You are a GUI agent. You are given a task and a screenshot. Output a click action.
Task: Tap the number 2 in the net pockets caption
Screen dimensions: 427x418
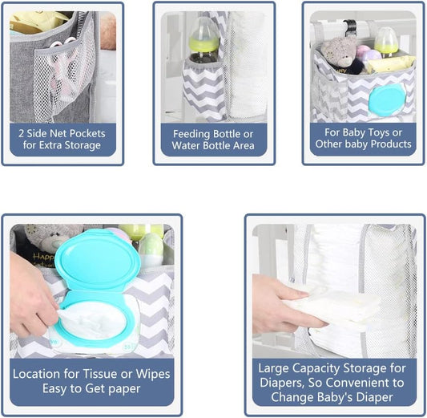point(22,133)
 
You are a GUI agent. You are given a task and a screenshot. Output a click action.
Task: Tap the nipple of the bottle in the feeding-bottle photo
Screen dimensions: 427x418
point(204,28)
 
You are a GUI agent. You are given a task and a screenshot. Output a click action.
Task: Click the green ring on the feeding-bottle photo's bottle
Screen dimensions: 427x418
point(204,44)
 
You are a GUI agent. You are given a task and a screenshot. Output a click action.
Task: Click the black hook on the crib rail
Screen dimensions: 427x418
point(350,27)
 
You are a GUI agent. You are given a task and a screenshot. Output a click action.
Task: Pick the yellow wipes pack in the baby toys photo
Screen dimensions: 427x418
point(391,64)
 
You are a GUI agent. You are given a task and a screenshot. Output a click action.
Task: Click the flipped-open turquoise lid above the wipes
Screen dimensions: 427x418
point(97,261)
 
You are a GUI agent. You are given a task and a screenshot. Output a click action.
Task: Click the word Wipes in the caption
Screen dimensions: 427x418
point(153,374)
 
